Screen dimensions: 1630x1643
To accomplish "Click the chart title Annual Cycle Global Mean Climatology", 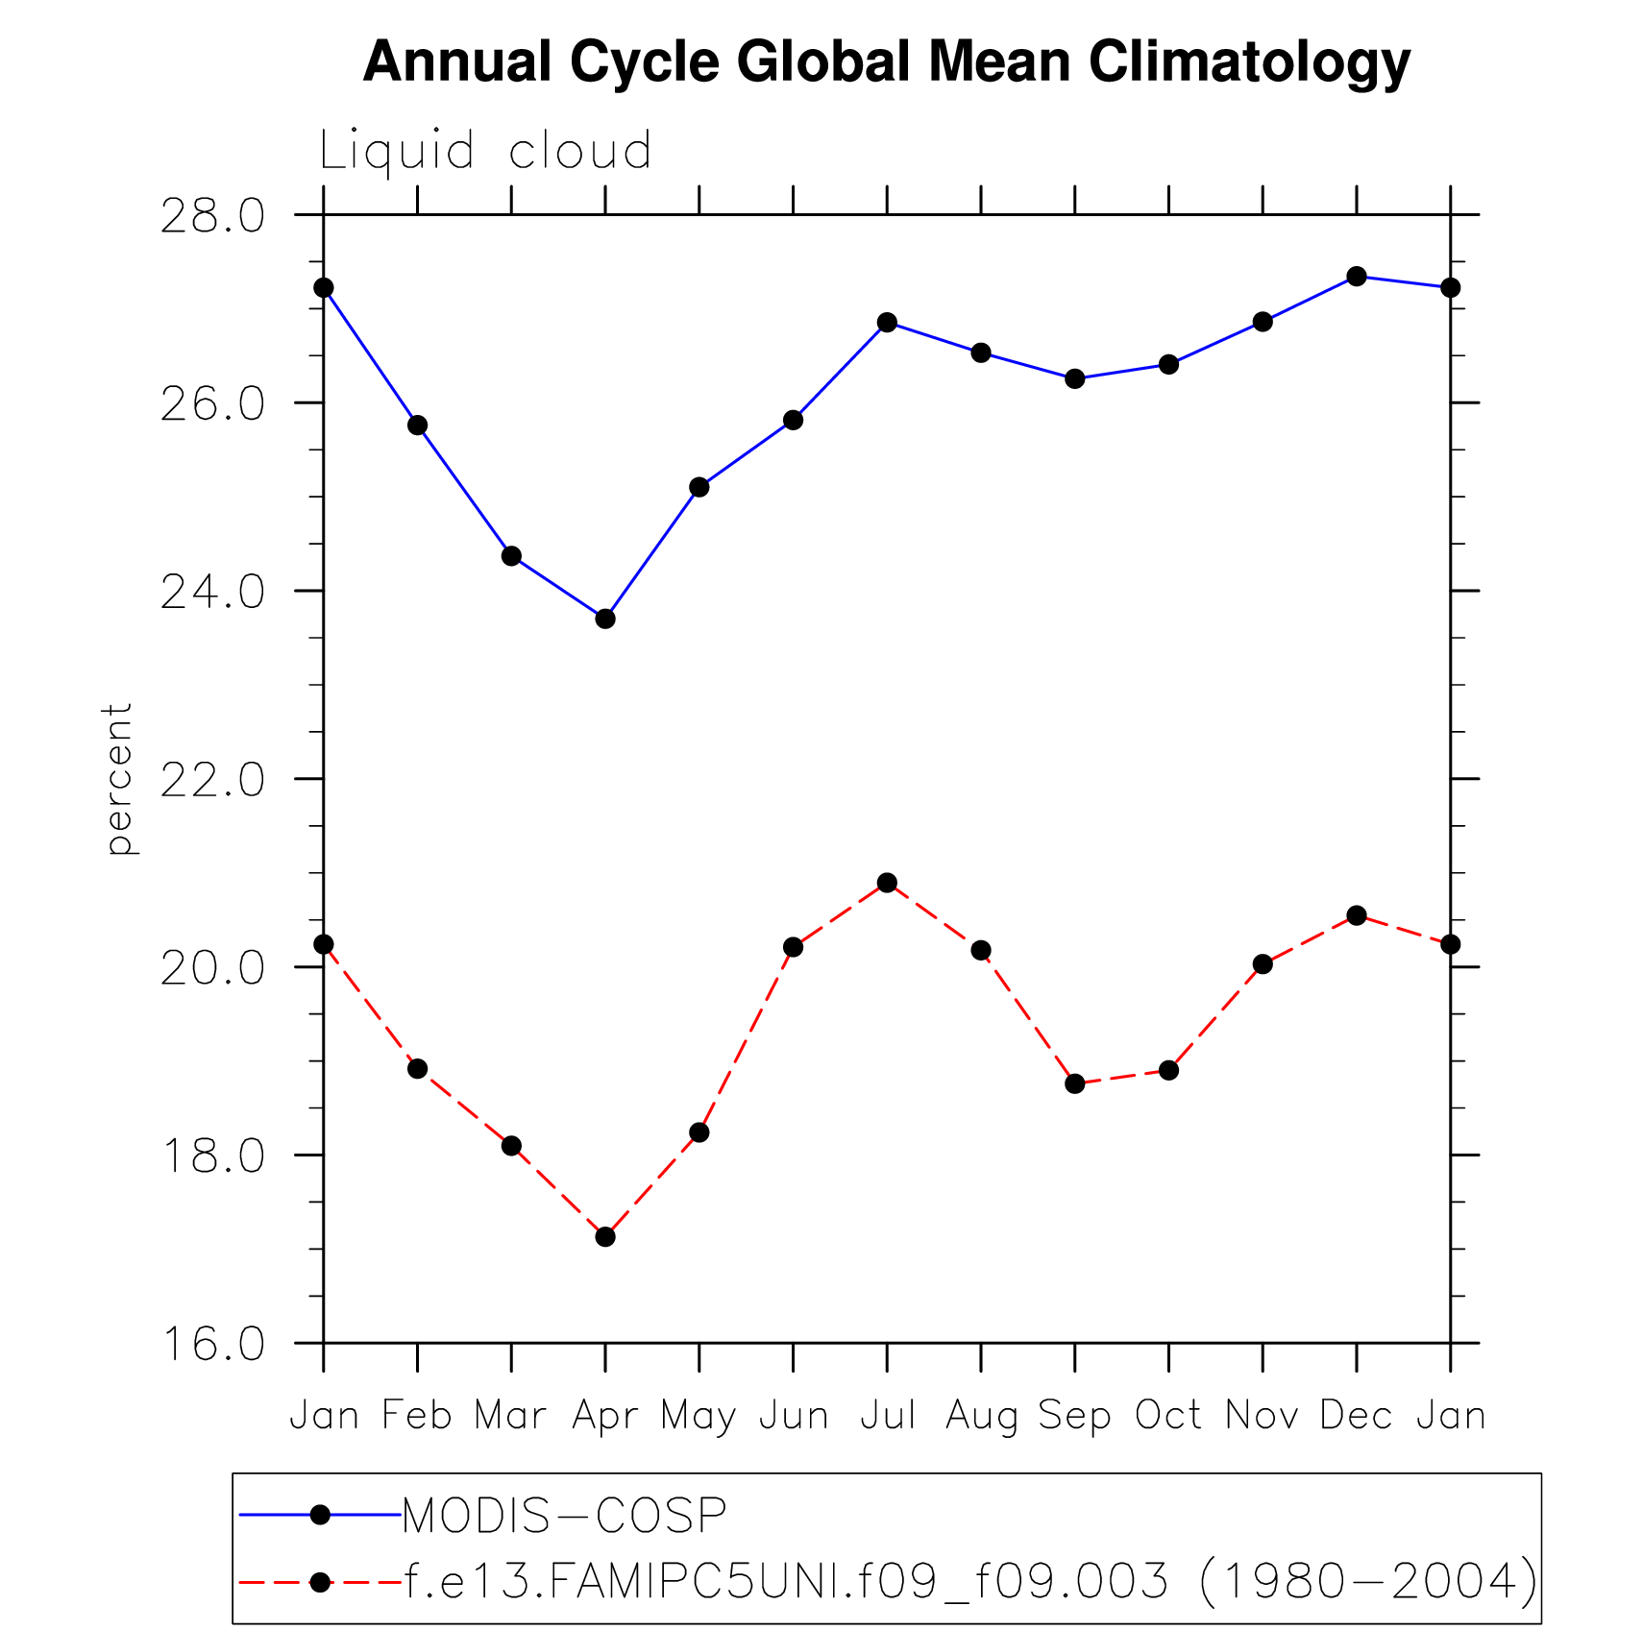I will pyautogui.click(x=886, y=62).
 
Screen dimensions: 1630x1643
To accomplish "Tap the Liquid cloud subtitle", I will pyautogui.click(x=485, y=151).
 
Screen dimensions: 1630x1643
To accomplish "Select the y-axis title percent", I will pyautogui.click(x=118, y=778).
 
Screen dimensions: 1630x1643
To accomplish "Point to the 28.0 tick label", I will pyautogui.click(x=212, y=216).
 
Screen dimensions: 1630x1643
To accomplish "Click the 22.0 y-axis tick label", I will pyautogui.click(x=212, y=780).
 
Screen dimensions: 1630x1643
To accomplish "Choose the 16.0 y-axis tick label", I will pyautogui.click(x=212, y=1344).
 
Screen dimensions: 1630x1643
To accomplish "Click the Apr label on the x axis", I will pyautogui.click(x=605, y=1416).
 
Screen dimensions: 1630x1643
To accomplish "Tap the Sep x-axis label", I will pyautogui.click(x=1074, y=1416).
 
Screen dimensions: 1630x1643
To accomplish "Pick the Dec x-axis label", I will pyautogui.click(x=1356, y=1416).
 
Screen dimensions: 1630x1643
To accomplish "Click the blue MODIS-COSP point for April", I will pyautogui.click(x=605, y=619).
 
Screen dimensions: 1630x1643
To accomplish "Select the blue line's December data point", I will pyautogui.click(x=1357, y=277).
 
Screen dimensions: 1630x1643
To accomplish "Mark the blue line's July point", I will pyautogui.click(x=887, y=323).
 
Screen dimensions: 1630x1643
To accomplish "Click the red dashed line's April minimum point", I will pyautogui.click(x=605, y=1236).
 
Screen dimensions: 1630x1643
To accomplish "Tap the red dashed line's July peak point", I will pyautogui.click(x=887, y=883).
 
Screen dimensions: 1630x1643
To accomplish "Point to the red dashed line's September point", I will pyautogui.click(x=1075, y=1083).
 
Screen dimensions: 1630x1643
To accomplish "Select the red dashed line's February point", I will pyautogui.click(x=417, y=1068).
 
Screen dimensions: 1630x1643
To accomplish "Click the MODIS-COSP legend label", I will pyautogui.click(x=564, y=1516).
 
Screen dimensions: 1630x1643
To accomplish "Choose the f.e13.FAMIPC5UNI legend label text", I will pyautogui.click(x=970, y=1580).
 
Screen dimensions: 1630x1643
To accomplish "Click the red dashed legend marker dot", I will pyautogui.click(x=320, y=1581).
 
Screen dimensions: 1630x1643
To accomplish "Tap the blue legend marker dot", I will pyautogui.click(x=320, y=1516).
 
